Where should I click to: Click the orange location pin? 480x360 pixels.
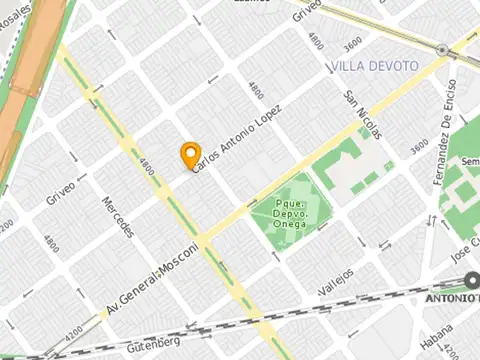(190, 155)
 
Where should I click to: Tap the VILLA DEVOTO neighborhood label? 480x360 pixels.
(374, 66)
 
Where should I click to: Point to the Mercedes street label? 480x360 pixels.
(118, 217)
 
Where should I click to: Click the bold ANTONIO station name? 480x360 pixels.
(453, 298)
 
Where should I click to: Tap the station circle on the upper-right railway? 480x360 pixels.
(442, 49)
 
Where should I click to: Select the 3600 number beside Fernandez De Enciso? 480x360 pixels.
(418, 149)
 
